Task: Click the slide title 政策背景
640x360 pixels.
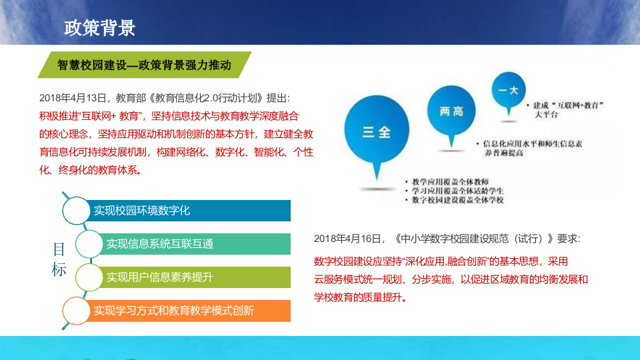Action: pos(100,28)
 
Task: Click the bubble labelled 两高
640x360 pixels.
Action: pos(451,112)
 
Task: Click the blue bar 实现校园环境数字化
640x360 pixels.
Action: pos(190,210)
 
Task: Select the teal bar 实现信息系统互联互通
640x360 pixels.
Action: pos(197,243)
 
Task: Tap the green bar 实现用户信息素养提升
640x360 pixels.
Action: pos(197,277)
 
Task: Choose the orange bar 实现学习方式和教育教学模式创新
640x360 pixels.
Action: pos(190,310)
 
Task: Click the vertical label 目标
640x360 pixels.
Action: pos(59,260)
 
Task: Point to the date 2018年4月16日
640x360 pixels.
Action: pos(349,239)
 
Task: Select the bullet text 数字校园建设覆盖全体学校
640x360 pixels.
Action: pos(457,200)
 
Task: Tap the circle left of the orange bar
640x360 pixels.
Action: pos(77,309)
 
